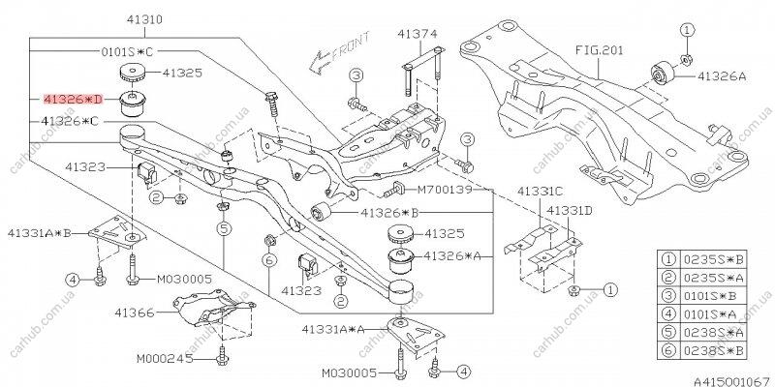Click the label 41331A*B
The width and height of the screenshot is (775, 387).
(42, 233)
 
